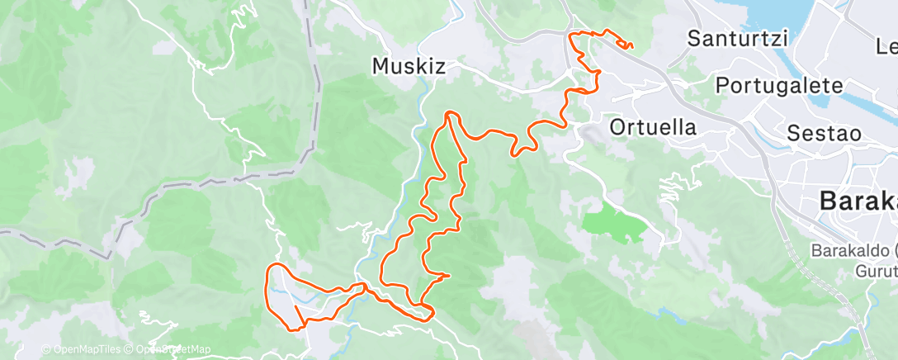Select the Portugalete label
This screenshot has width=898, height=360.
778,85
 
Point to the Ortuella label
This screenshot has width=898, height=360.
653,127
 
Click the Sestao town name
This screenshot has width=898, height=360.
824,133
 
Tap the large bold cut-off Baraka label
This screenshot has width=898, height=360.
858,201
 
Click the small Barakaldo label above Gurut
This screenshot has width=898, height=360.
854,249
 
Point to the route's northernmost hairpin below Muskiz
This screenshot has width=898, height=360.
450,113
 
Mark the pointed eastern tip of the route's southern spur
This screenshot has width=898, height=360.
448,275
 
